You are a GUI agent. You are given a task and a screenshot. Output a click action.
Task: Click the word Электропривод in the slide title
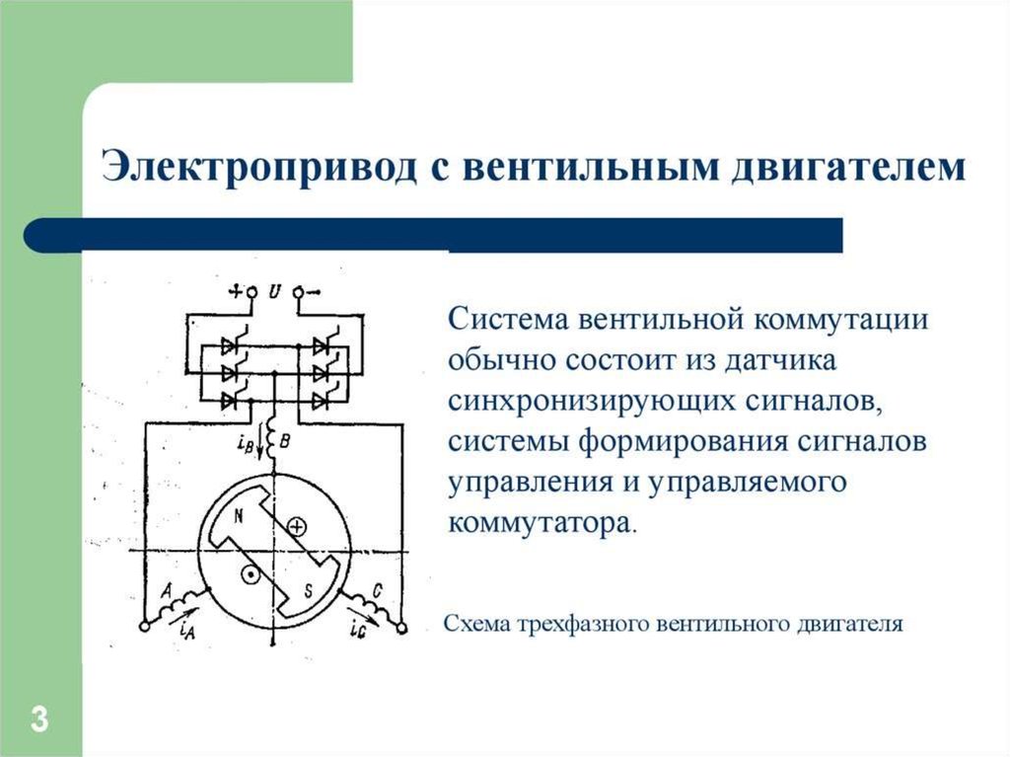click(253, 167)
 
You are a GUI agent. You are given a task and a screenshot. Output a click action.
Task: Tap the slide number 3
click(39, 718)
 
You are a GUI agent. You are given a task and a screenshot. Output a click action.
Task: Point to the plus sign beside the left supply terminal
click(236, 291)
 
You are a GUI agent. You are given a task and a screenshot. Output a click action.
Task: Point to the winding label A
click(167, 589)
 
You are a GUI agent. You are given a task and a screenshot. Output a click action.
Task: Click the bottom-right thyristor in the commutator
click(323, 400)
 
